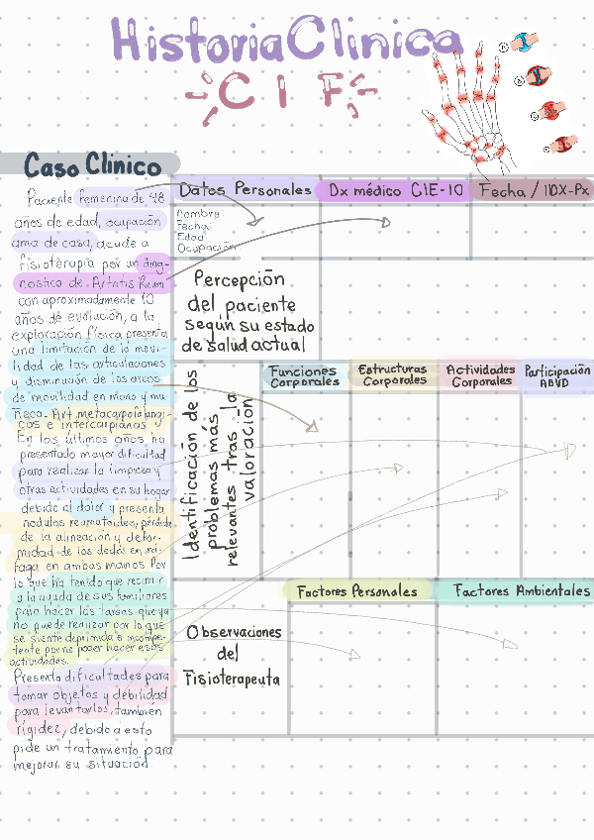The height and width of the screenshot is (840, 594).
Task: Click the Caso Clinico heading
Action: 92,163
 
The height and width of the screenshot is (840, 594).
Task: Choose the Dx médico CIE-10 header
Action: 395,190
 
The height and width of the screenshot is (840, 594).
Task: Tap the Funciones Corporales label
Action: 304,376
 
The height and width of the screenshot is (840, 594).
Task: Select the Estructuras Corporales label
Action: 393,374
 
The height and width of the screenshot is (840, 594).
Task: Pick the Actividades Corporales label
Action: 481,375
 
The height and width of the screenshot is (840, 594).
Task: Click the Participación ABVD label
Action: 557,375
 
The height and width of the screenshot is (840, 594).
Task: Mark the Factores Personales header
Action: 357,591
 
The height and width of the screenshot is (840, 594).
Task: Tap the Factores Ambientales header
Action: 522,590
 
